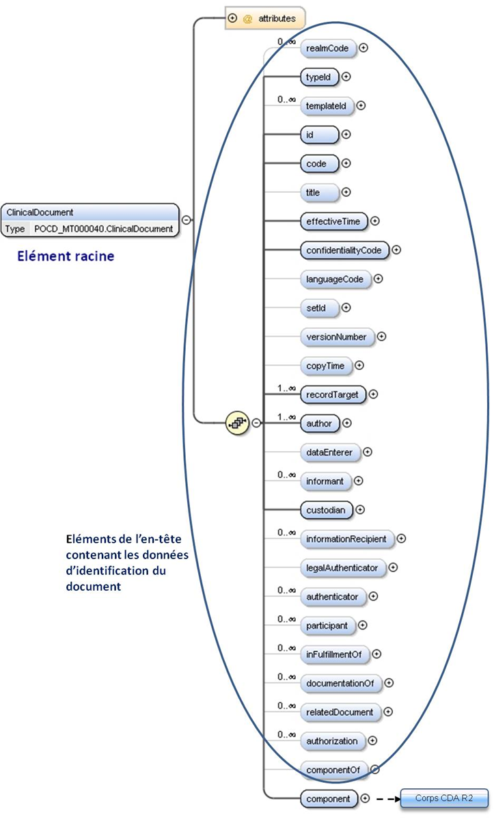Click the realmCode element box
point(328,48)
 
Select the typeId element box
point(319,77)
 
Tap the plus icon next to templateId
point(361,106)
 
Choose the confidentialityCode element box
point(344,250)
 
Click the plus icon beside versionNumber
point(382,336)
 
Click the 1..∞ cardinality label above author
point(286,416)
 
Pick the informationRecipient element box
point(346,539)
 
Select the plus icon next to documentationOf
point(389,682)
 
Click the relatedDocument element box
point(340,712)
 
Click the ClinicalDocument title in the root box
point(40,213)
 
